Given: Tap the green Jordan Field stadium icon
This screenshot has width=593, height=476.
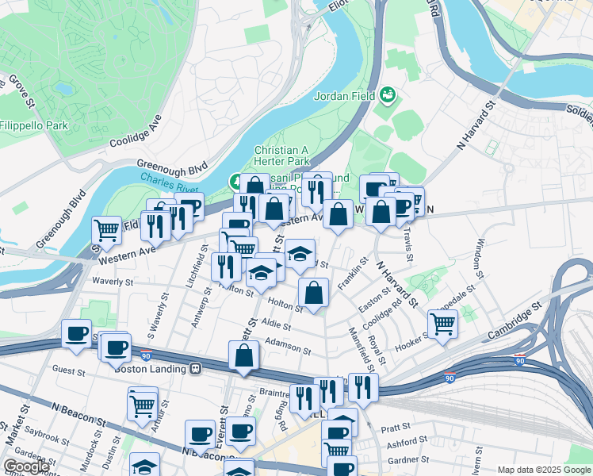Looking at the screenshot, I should coord(388,96).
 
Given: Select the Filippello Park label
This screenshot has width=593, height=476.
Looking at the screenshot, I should coord(33,125).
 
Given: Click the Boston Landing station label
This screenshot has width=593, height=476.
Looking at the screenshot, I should coord(150,368).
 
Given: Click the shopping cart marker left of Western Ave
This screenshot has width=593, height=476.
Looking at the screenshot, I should coord(106,230).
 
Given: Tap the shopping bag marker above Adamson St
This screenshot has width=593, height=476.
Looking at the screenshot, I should coord(315,291).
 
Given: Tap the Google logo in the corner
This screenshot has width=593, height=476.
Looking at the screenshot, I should coord(26,466).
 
